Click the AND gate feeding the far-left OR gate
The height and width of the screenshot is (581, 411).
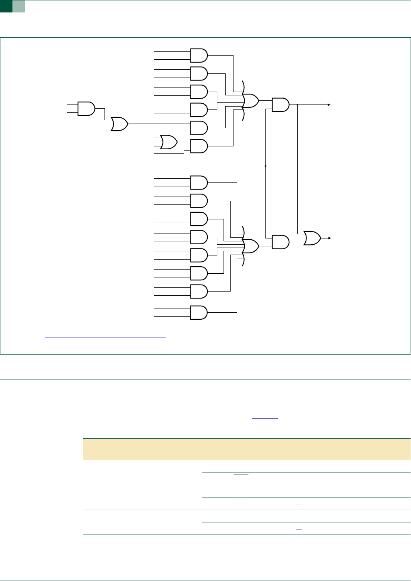86,108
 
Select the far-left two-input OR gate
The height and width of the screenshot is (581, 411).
119,124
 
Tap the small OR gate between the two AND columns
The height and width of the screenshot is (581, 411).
168,142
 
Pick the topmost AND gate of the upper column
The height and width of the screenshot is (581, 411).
199,55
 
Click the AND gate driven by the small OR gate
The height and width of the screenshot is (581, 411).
199,146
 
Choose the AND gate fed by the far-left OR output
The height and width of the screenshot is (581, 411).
199,128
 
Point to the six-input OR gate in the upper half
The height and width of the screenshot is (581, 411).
250,100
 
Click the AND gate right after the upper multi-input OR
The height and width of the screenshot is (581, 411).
280,105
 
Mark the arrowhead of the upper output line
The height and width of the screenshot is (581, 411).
329,105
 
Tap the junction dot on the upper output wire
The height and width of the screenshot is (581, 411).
298,105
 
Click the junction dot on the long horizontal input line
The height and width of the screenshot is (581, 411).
265,166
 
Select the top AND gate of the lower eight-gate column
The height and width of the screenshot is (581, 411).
199,182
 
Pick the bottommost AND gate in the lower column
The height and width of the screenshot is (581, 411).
199,313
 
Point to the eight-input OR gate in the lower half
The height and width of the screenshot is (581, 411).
250,246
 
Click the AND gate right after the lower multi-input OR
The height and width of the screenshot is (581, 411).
280,242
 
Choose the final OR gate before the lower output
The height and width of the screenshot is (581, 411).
312,238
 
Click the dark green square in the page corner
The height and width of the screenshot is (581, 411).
6,6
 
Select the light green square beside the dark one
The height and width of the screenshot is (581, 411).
19,6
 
